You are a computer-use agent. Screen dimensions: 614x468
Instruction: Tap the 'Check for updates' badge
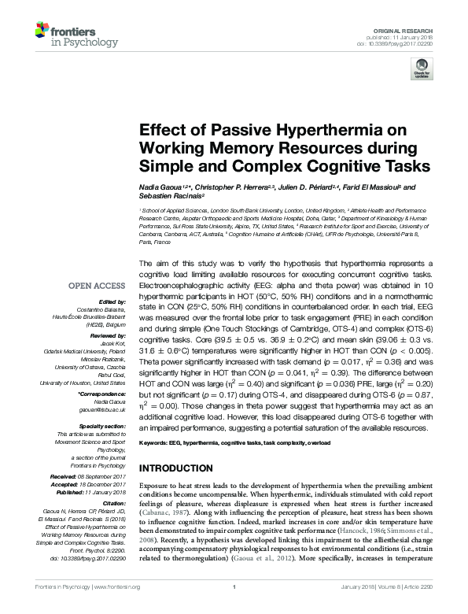click(421, 72)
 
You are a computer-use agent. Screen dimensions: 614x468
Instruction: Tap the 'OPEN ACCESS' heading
click(98, 286)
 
